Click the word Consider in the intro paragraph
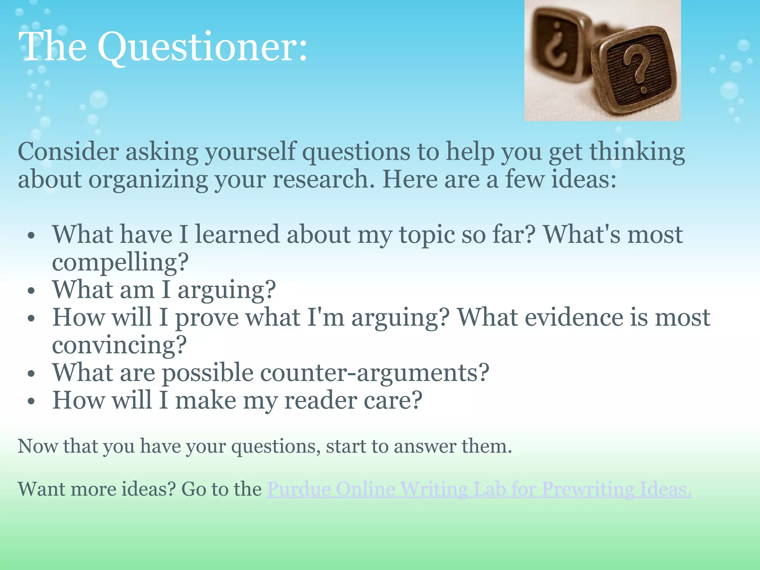tap(68, 152)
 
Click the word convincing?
tap(119, 345)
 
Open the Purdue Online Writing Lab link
tap(479, 489)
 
